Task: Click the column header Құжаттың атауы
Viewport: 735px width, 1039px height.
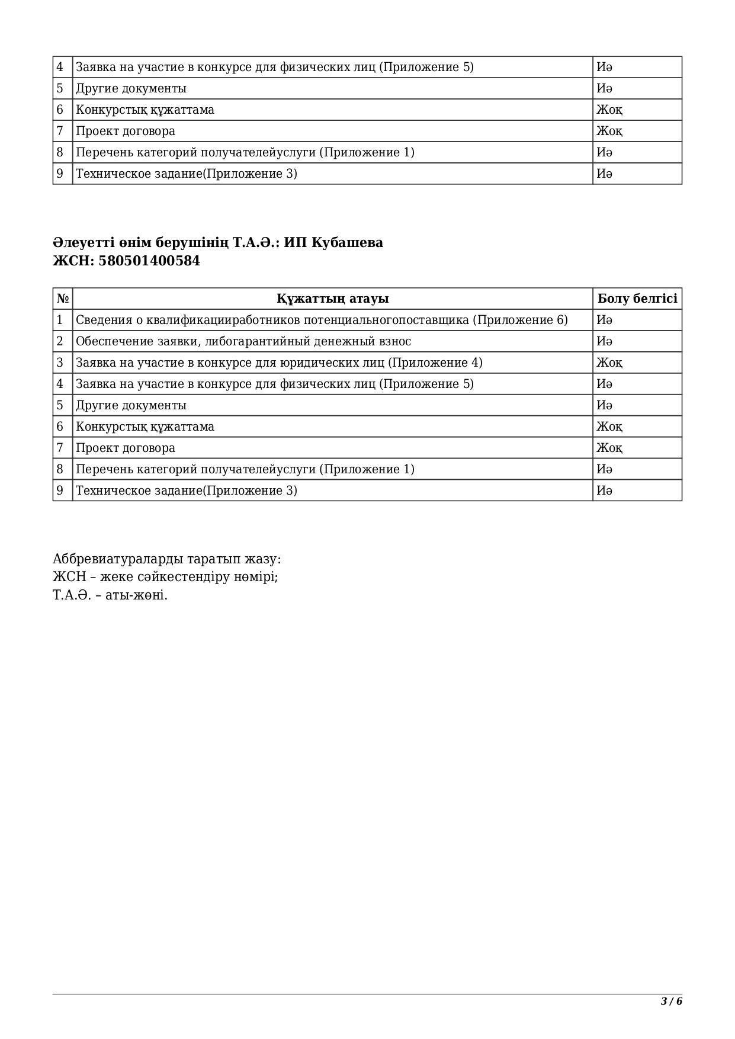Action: pos(332,299)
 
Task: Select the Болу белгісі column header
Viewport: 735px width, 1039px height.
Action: pos(637,299)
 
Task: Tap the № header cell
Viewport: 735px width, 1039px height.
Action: pos(63,299)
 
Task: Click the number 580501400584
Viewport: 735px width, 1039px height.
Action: pos(149,261)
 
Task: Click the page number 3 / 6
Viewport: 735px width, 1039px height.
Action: pos(672,1002)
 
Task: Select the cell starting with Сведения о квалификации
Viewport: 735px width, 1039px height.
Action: pos(322,320)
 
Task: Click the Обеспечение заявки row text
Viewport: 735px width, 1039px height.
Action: pos(243,341)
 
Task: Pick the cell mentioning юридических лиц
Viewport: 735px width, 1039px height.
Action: pos(279,363)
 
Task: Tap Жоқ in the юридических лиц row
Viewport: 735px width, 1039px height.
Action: pos(609,363)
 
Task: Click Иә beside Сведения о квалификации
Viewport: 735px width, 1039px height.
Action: pos(604,320)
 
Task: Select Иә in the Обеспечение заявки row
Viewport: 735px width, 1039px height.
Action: pos(604,341)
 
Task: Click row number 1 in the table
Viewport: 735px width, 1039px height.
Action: pos(60,320)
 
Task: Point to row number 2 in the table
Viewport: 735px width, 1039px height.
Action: pos(60,341)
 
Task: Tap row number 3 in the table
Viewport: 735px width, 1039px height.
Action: pos(60,363)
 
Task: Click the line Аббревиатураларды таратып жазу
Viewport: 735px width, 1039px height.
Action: pos(167,559)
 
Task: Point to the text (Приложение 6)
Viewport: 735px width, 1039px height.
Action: pos(520,320)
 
